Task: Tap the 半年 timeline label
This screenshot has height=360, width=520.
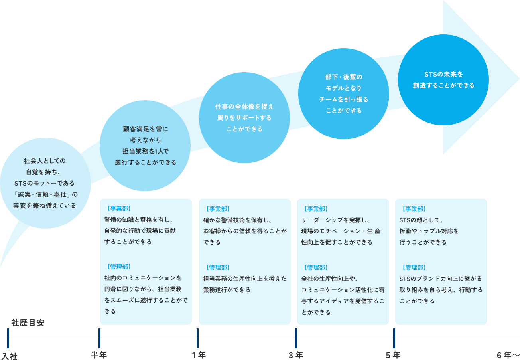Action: point(99,355)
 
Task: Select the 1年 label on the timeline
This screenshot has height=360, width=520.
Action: point(198,355)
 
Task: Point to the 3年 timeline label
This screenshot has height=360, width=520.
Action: point(295,355)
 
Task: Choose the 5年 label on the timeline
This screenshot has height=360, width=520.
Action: point(393,355)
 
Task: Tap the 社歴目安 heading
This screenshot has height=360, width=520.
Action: point(28,323)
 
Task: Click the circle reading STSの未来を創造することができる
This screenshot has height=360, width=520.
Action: point(443,80)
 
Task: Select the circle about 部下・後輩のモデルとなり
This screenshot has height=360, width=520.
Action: point(344,94)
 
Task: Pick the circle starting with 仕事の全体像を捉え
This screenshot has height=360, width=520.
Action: point(244,118)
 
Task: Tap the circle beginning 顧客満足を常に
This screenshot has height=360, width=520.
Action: point(145,146)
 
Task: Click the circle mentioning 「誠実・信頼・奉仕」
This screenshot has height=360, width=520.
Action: point(45,183)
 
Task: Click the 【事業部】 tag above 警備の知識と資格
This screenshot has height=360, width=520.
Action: point(118,208)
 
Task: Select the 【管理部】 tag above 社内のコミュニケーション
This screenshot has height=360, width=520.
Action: point(118,267)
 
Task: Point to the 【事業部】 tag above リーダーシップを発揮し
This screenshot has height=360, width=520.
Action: point(315,208)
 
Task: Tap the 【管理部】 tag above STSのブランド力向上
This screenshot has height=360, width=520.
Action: point(414,267)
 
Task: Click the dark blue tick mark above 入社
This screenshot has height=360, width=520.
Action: point(8,338)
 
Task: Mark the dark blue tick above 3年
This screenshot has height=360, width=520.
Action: point(296,338)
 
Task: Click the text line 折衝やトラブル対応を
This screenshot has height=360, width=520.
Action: point(429,231)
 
